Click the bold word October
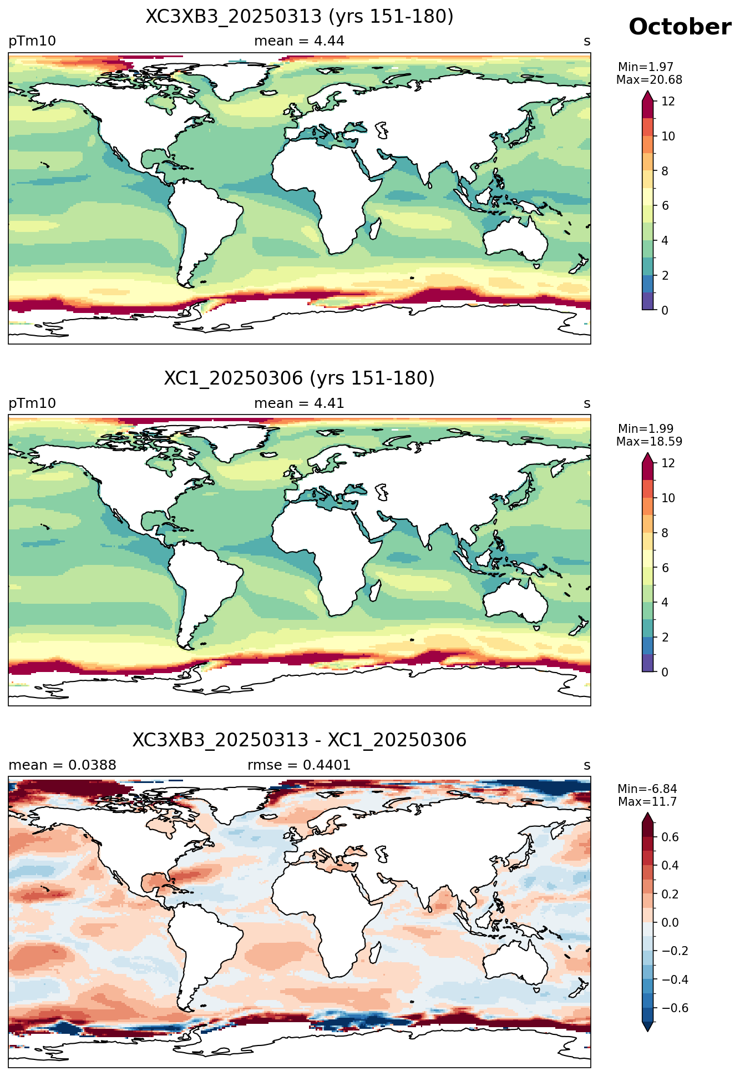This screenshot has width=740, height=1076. pyautogui.click(x=680, y=27)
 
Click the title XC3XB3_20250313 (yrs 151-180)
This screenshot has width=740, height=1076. pyautogui.click(x=300, y=17)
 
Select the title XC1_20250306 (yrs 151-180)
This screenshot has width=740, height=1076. pyautogui.click(x=300, y=378)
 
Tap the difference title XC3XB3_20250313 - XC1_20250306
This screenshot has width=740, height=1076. pyautogui.click(x=300, y=740)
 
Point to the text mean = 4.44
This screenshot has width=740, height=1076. pyautogui.click(x=299, y=41)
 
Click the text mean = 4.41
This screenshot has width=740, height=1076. pyautogui.click(x=299, y=403)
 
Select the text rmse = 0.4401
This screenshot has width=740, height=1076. pyautogui.click(x=299, y=765)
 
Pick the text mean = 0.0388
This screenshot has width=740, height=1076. pyautogui.click(x=62, y=765)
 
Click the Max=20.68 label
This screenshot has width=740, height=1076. pyautogui.click(x=649, y=80)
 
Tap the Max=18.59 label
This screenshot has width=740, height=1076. pyautogui.click(x=649, y=442)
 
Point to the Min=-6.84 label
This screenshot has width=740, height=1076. pyautogui.click(x=647, y=789)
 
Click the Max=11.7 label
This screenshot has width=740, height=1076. pyautogui.click(x=647, y=802)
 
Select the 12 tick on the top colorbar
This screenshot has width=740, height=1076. pyautogui.click(x=668, y=102)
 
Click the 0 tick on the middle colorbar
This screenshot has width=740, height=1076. pyautogui.click(x=665, y=672)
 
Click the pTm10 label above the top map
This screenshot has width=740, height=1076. pyautogui.click(x=32, y=41)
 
